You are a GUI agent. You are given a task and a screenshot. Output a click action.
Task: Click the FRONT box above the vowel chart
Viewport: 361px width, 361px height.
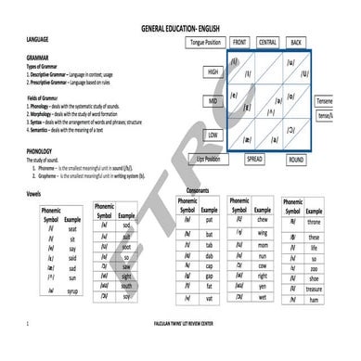tap(239, 43)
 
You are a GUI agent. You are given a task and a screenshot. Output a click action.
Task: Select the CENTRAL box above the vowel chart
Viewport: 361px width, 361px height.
tap(267, 43)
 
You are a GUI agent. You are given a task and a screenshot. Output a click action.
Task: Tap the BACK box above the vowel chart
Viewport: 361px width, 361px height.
tap(296, 43)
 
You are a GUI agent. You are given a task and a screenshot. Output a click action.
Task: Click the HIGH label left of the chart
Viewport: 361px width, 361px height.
tap(213, 71)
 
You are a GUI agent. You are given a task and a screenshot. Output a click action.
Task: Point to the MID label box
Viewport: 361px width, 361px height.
tap(213, 99)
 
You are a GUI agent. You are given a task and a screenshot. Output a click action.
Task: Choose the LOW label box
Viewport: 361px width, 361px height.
tap(213, 135)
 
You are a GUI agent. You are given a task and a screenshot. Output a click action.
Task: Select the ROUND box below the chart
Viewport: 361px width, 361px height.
tap(296, 160)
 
